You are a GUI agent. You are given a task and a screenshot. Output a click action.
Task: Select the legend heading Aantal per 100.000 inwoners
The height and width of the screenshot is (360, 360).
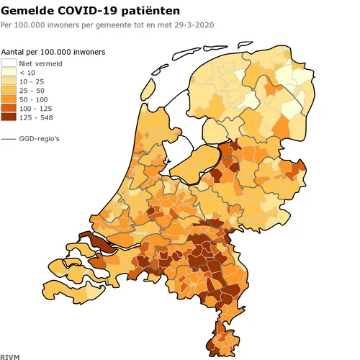click(x=53, y=53)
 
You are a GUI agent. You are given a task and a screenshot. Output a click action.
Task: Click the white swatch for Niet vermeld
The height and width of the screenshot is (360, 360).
click(x=9, y=63)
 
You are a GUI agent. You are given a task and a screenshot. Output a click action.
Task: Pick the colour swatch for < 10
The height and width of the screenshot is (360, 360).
click(x=9, y=73)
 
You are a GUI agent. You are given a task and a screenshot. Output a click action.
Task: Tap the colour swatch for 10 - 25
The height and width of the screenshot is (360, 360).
click(x=9, y=81)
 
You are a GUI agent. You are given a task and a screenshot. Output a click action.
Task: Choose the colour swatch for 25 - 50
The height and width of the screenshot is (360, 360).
click(x=9, y=91)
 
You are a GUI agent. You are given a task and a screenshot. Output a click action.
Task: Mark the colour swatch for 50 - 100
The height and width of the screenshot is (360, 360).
click(x=9, y=99)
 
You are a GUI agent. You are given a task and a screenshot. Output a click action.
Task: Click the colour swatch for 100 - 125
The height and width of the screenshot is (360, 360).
click(x=9, y=108)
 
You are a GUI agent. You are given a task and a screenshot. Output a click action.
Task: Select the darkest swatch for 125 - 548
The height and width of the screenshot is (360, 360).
click(x=9, y=117)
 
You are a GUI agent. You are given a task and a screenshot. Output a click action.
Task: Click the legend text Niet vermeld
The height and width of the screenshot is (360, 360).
click(x=40, y=63)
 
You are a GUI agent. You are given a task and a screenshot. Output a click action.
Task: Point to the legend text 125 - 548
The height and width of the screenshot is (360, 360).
click(x=36, y=117)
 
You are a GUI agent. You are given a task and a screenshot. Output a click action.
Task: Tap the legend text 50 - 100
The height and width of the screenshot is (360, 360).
click(x=34, y=99)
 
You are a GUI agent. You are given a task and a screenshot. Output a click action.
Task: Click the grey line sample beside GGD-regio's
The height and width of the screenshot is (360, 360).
click(x=9, y=138)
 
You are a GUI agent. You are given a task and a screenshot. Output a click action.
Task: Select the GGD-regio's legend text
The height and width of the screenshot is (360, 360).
click(x=39, y=138)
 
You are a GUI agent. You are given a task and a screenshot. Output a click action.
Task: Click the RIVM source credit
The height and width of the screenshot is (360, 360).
click(x=10, y=355)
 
